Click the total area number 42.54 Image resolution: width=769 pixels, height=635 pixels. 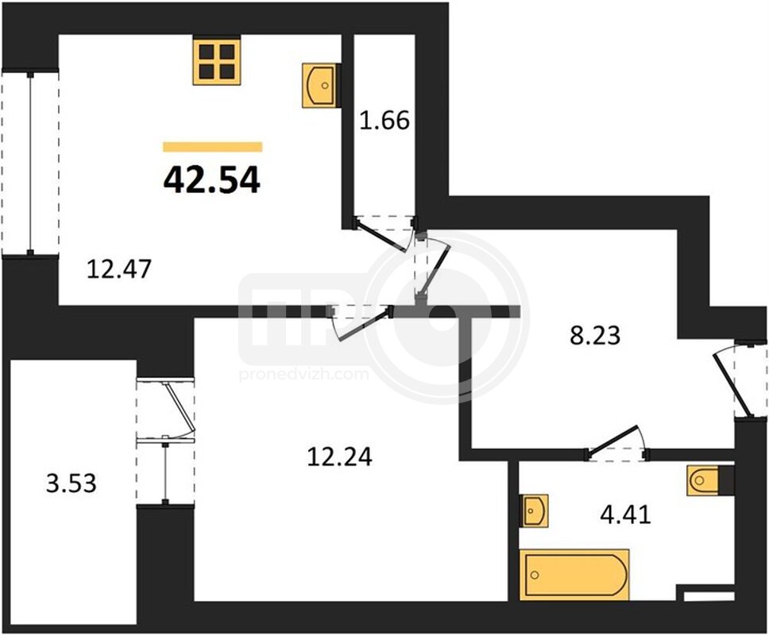click(211, 180)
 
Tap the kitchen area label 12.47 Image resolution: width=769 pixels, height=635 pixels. click(118, 269)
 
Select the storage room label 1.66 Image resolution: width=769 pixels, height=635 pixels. click(384, 121)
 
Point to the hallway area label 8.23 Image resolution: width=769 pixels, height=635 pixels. click(595, 336)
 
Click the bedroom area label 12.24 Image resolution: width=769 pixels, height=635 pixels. click(339, 456)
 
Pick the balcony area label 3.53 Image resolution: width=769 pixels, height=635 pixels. click(71, 483)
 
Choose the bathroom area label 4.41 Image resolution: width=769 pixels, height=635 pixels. click(625, 514)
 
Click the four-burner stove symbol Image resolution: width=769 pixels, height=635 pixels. click(217, 62)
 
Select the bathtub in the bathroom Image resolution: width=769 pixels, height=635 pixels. click(576, 575)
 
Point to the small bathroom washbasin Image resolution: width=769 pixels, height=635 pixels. click(534, 510)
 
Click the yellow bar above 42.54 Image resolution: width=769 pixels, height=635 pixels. click(212, 147)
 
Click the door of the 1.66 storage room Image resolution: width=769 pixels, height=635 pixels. click(383, 237)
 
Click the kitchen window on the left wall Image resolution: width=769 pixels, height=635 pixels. click(30, 164)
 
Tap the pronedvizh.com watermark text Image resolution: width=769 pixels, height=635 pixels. click(304, 375)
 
